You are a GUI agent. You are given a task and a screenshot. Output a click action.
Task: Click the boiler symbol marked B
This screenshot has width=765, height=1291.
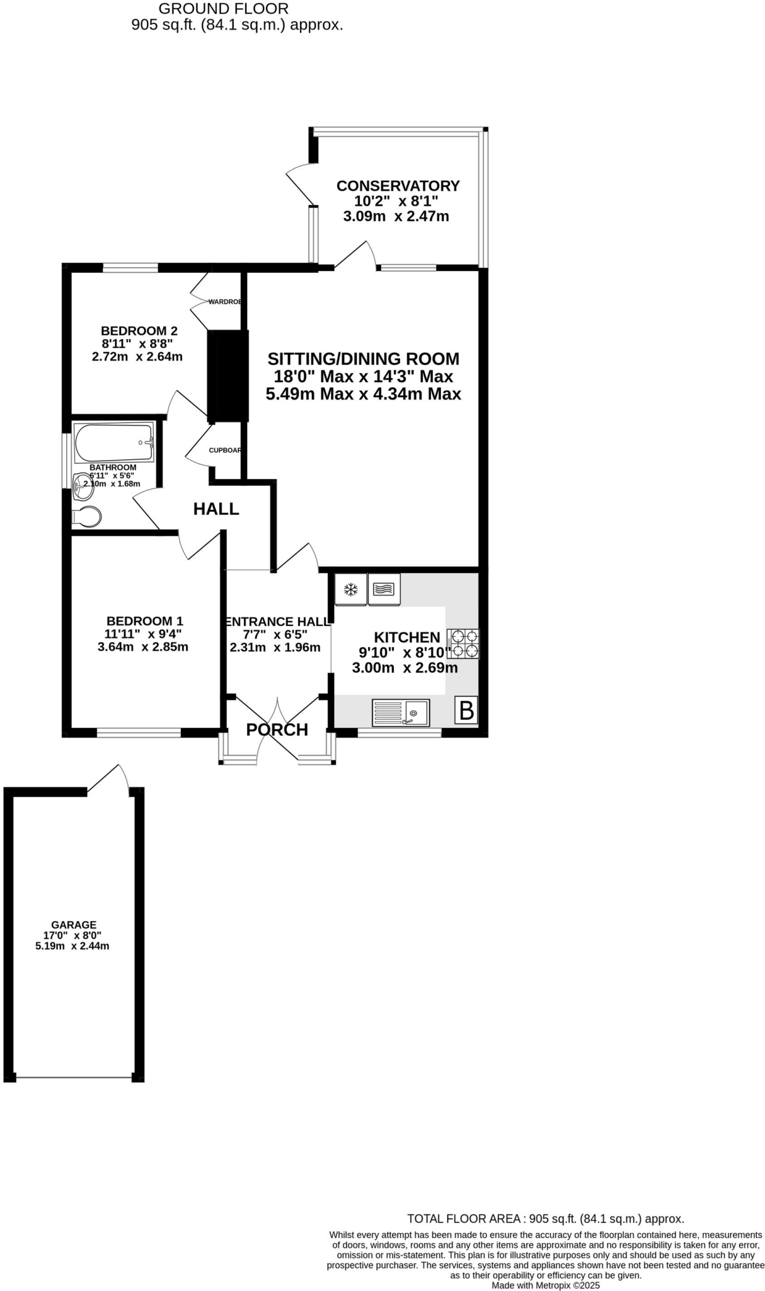(x=466, y=710)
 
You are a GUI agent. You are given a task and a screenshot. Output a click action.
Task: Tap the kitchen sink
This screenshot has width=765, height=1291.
(x=401, y=712)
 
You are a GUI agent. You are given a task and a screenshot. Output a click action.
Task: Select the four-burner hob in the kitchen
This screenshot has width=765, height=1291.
(x=463, y=644)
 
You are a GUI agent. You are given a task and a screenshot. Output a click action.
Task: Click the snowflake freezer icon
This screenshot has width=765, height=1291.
(x=351, y=590)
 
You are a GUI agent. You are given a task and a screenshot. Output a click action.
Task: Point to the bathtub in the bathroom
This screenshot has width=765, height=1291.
(x=114, y=443)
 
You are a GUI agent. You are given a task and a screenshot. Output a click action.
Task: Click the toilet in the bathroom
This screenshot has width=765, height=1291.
(x=87, y=517)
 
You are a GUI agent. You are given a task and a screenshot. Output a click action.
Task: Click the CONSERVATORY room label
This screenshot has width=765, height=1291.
(x=398, y=186)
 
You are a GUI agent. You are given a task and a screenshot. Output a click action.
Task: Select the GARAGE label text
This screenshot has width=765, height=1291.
(x=74, y=925)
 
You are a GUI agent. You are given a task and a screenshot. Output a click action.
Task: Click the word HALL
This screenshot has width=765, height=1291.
(x=216, y=509)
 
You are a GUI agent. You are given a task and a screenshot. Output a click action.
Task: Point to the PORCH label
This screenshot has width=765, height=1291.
(x=277, y=730)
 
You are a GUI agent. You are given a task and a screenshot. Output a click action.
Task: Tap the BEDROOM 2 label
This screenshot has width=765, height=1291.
(x=139, y=331)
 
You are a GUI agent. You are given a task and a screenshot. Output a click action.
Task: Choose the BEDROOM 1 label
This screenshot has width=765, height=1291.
(x=144, y=622)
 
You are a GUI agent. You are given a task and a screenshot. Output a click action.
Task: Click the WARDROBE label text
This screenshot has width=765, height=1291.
(x=225, y=302)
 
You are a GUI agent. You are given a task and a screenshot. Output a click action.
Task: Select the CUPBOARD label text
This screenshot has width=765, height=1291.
(x=225, y=450)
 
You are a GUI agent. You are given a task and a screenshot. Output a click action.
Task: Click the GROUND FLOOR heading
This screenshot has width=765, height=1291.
(x=224, y=9)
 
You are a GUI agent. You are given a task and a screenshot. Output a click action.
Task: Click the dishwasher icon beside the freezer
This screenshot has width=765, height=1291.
(x=384, y=589)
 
